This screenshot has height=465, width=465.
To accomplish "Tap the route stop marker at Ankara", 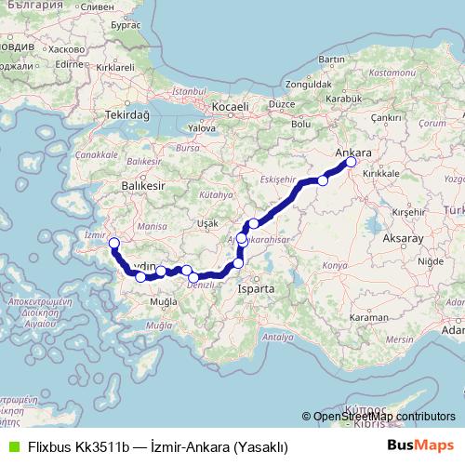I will (352, 163).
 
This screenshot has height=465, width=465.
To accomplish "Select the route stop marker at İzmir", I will (114, 245).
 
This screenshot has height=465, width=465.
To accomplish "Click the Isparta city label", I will (256, 289).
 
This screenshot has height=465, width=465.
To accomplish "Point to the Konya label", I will (332, 265).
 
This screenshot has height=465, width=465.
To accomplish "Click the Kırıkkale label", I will (379, 173).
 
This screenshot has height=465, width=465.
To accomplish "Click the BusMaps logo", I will (419, 446).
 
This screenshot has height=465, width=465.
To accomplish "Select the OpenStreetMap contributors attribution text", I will (384, 418).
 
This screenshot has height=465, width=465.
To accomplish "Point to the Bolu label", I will (301, 124).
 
